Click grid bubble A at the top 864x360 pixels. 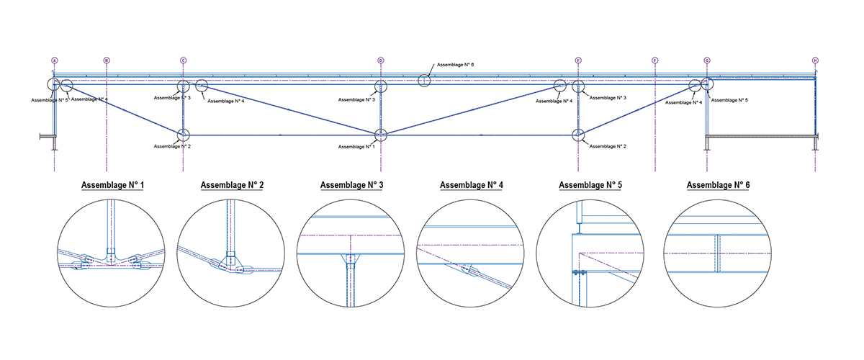pyautogui.click(x=54, y=60)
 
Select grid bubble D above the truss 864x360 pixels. pyautogui.click(x=381, y=60)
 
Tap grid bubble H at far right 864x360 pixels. pyautogui.click(x=815, y=60)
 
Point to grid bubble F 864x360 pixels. pyautogui.click(x=655, y=60)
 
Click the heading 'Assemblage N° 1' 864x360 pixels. pyautogui.click(x=113, y=185)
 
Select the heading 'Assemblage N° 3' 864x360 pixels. pyautogui.click(x=351, y=185)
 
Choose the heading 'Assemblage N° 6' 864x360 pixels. pyautogui.click(x=717, y=185)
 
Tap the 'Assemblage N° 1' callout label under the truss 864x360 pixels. pyautogui.click(x=356, y=147)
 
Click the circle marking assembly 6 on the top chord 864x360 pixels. pyautogui.click(x=425, y=81)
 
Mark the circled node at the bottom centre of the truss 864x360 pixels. pyautogui.click(x=381, y=135)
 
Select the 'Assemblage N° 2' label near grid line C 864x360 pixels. pyautogui.click(x=172, y=146)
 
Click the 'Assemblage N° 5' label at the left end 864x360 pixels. pyautogui.click(x=49, y=100)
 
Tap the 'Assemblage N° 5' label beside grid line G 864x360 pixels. pyautogui.click(x=729, y=100)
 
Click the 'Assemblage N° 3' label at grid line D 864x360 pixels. pyautogui.click(x=357, y=100)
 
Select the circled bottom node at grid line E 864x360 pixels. pyautogui.click(x=578, y=135)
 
